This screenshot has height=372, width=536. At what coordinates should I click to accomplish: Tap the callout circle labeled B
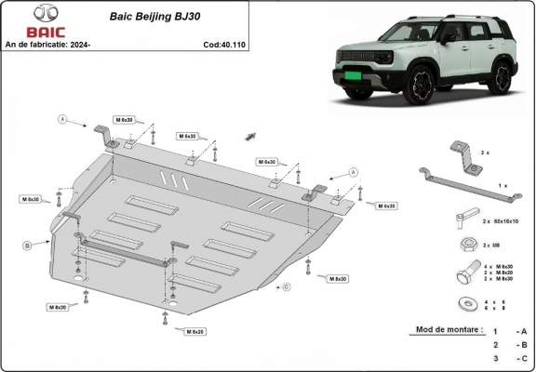click(28, 245)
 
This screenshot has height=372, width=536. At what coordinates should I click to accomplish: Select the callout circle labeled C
click(287, 286)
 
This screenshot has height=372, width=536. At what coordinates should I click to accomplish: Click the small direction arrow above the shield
click(250, 136)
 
